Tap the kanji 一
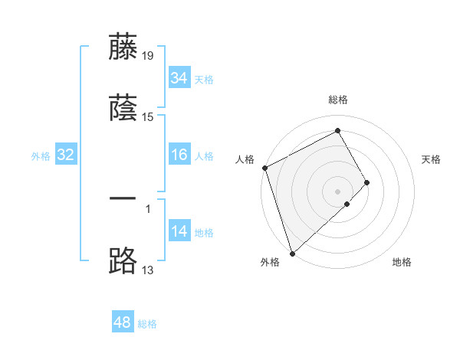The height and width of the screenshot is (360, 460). pos(123,198)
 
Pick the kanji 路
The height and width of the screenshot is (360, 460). pos(123,261)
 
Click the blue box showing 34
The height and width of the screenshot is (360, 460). pos(179,78)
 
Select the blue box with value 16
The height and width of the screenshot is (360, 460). pos(179,155)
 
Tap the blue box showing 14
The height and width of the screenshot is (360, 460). pos(179,231)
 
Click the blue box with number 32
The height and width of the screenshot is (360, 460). pos(65,155)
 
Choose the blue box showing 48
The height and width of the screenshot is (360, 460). pos(122,322)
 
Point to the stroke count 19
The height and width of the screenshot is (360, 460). pos(148,54)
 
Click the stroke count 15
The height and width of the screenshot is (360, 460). pos(148,117)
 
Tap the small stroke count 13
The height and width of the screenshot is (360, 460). pos(148,270)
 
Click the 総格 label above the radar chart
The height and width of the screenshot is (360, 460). pos(338,100)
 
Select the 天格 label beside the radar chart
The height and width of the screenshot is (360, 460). pos(431,159)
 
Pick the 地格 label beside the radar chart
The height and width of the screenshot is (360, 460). pos(402,262)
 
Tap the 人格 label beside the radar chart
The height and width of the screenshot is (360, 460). pos(245,159)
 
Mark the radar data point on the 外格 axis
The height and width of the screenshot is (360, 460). pos(292,253)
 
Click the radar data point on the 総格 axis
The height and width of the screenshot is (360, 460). pos(338,131)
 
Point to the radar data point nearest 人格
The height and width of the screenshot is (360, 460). pos(264,168)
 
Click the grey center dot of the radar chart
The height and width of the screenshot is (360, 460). pos(337,191)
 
